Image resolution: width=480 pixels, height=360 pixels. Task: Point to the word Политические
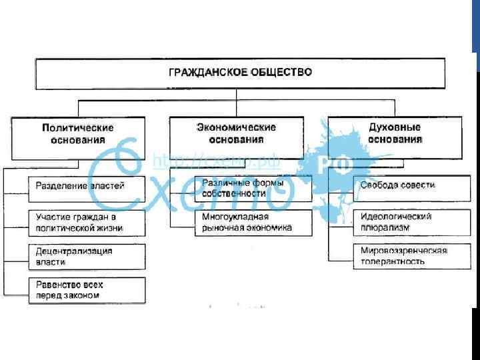(x=78, y=128)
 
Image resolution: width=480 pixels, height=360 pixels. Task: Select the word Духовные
(x=395, y=127)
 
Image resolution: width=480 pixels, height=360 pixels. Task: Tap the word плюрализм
(x=385, y=227)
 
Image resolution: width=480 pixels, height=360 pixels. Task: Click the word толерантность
(x=393, y=261)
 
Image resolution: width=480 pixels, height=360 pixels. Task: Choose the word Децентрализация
(x=74, y=251)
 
